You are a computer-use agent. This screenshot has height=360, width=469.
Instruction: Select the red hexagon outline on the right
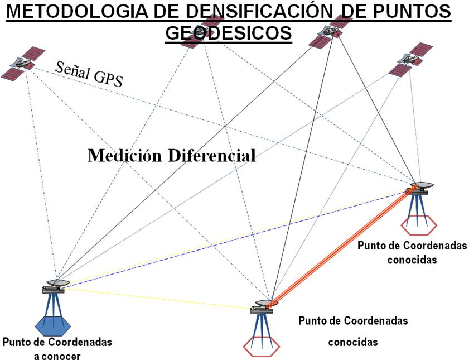[x=419, y=225]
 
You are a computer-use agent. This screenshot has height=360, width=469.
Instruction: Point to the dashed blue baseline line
[x=234, y=239]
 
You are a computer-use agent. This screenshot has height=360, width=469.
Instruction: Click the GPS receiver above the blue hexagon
[x=56, y=285]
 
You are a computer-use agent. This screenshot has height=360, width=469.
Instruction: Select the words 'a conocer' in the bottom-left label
[x=57, y=354]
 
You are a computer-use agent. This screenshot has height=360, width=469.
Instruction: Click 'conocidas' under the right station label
[x=412, y=259]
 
